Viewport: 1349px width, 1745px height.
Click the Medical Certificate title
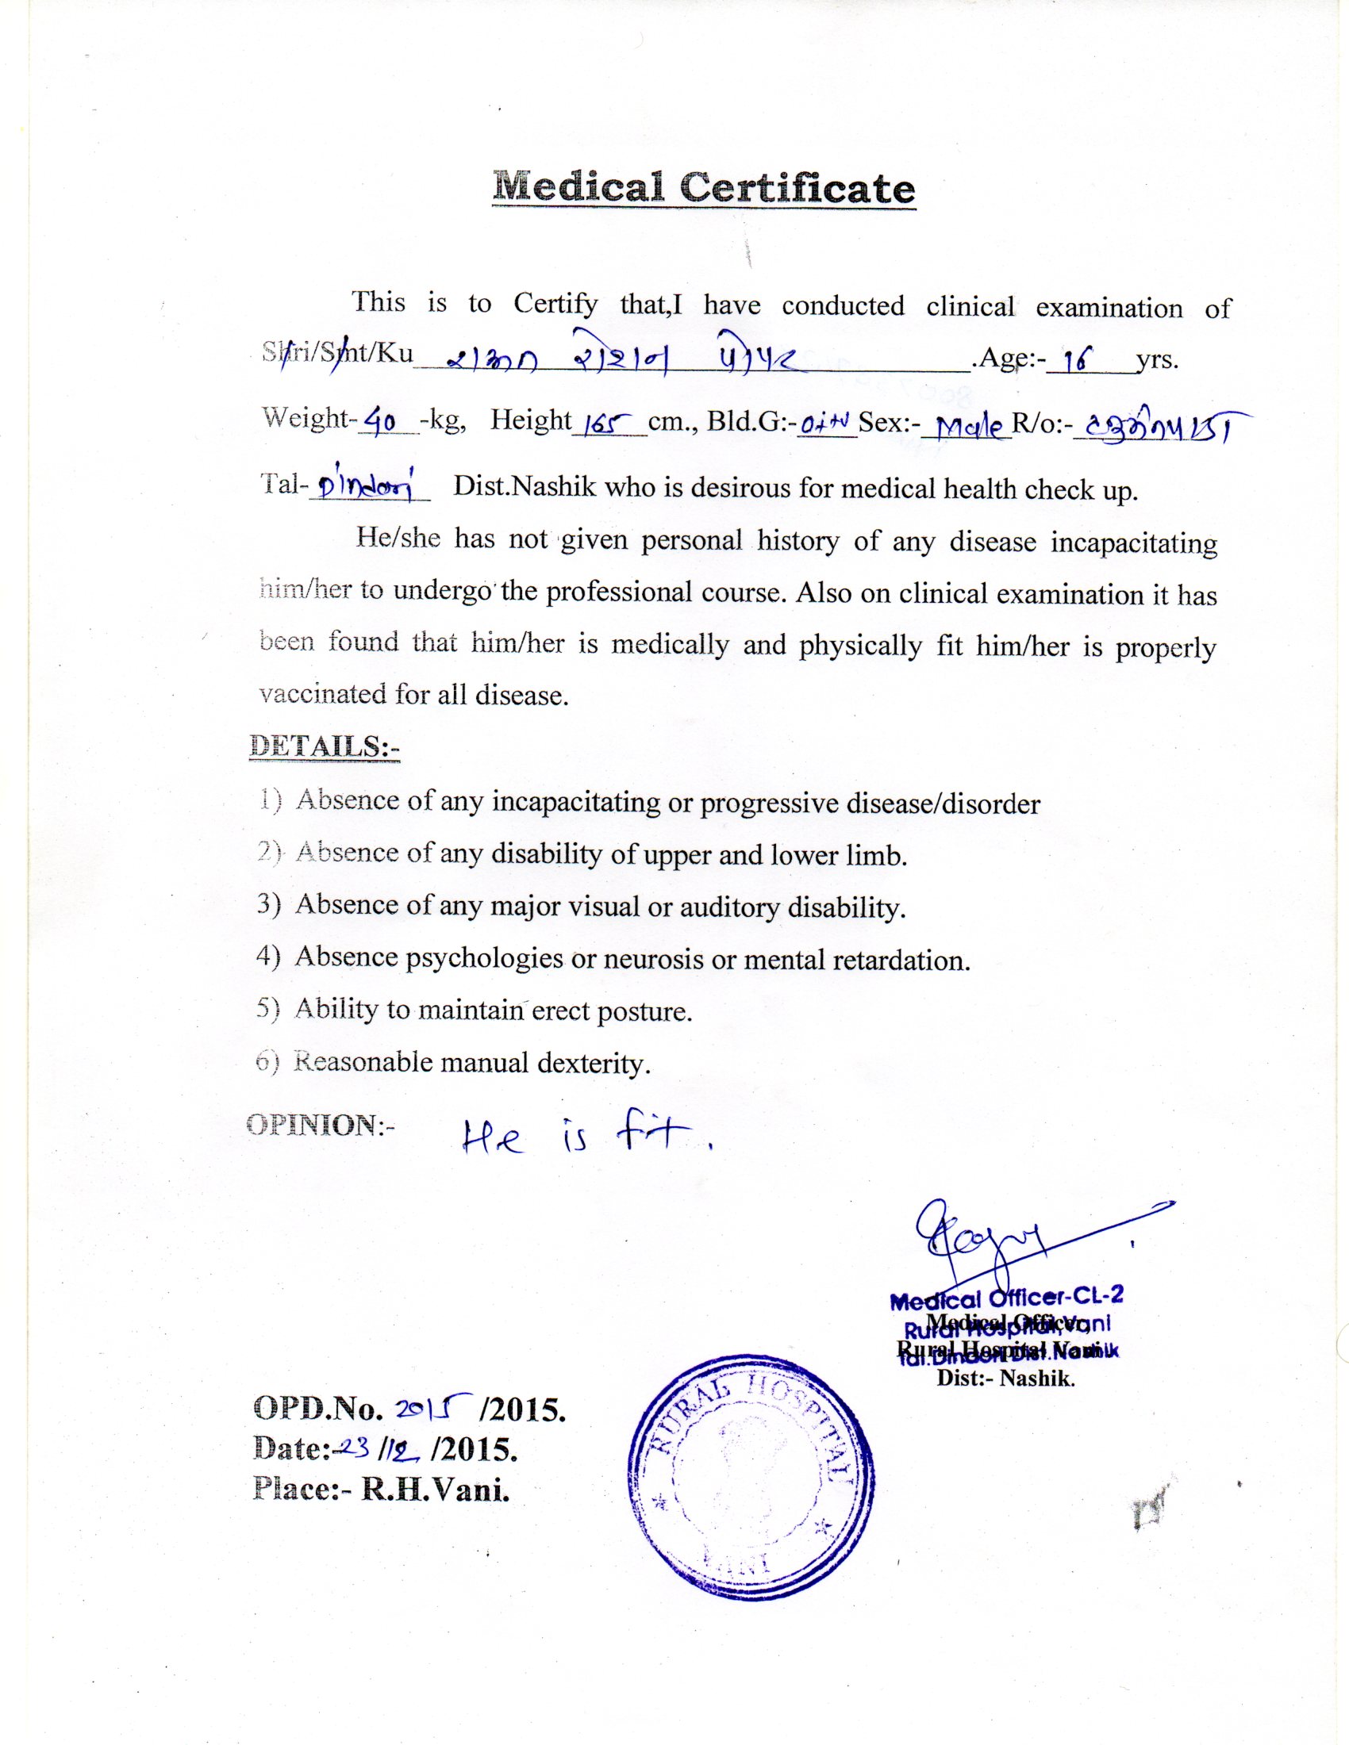coord(704,189)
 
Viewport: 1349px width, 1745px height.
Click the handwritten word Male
coord(968,428)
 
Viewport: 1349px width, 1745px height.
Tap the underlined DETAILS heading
coord(324,745)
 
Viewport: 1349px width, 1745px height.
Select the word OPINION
coord(312,1124)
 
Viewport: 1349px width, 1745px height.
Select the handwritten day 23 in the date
coord(357,1447)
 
